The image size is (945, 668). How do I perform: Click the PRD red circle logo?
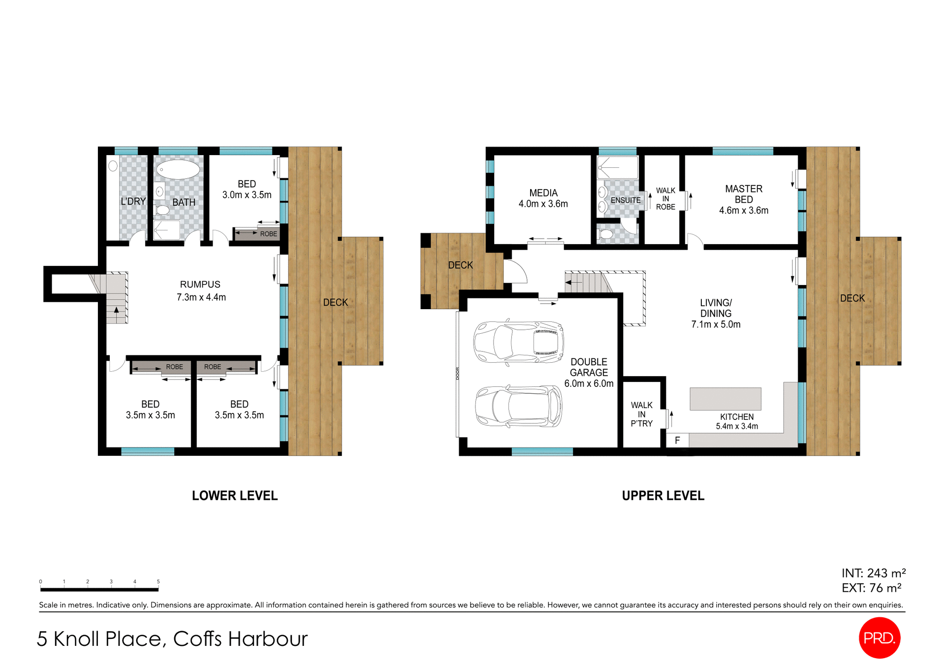pyautogui.click(x=879, y=637)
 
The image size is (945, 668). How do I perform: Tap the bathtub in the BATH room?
pyautogui.click(x=178, y=169)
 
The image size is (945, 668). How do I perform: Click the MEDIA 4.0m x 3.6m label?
pyautogui.click(x=543, y=198)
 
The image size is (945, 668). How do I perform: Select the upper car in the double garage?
pyautogui.click(x=518, y=342)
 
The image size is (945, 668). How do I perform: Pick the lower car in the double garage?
pyautogui.click(x=518, y=406)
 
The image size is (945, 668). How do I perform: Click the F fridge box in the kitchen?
pyautogui.click(x=677, y=440)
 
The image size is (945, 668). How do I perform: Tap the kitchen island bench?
pyautogui.click(x=725, y=399)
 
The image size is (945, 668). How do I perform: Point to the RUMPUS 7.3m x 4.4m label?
pyautogui.click(x=201, y=291)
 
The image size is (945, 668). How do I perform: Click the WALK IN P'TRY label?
pyautogui.click(x=641, y=414)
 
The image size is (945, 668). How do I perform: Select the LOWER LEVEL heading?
pyautogui.click(x=235, y=496)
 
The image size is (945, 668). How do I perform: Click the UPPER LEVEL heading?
pyautogui.click(x=663, y=496)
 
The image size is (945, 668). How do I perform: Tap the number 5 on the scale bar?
pyautogui.click(x=158, y=581)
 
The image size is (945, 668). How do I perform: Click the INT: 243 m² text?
pyautogui.click(x=873, y=573)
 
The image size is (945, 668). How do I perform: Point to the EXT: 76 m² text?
pyautogui.click(x=871, y=588)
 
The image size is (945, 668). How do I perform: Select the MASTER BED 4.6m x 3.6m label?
pyautogui.click(x=743, y=199)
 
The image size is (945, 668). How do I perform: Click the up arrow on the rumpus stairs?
pyautogui.click(x=116, y=310)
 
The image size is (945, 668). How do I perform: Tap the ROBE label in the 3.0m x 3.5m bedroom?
pyautogui.click(x=268, y=234)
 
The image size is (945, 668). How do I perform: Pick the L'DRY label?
pyautogui.click(x=133, y=201)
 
